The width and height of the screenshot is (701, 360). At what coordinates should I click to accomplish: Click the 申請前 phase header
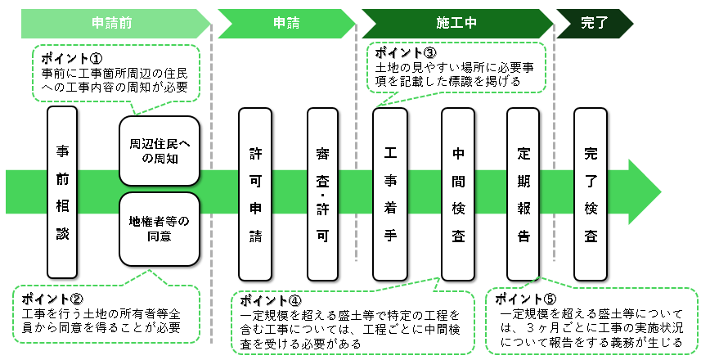coord(115,24)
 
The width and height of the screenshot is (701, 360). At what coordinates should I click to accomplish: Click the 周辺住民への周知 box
coord(160,151)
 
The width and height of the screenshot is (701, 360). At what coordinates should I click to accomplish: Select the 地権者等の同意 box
coord(160,229)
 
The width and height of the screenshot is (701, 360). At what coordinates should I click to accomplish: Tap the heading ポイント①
coord(72,60)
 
